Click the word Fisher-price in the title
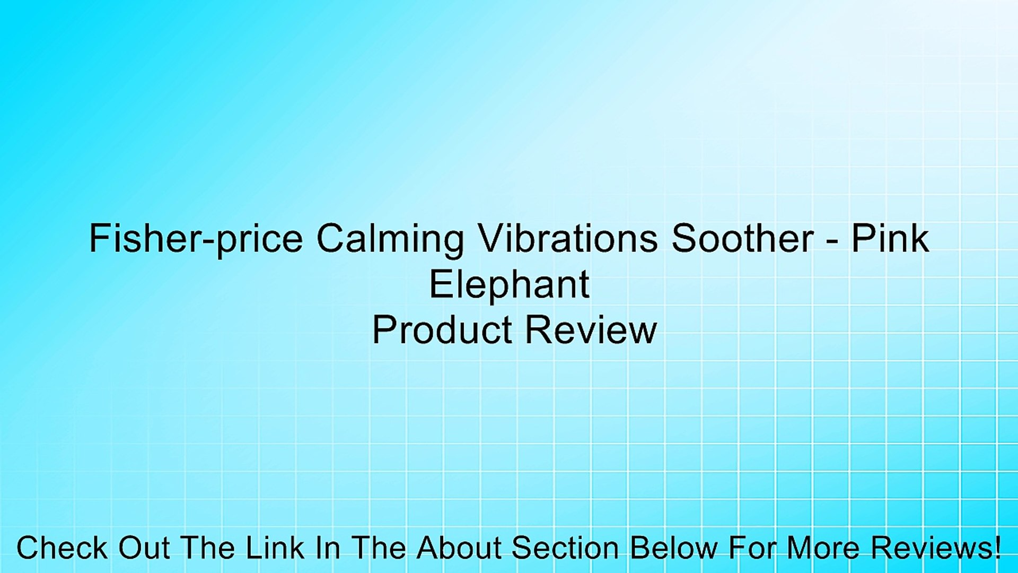point(196,239)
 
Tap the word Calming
point(390,239)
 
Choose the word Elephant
point(509,285)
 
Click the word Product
point(442,330)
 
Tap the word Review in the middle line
point(591,330)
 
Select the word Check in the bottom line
point(62,548)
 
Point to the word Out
point(144,548)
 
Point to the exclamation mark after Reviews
point(997,548)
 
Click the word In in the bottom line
point(328,548)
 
